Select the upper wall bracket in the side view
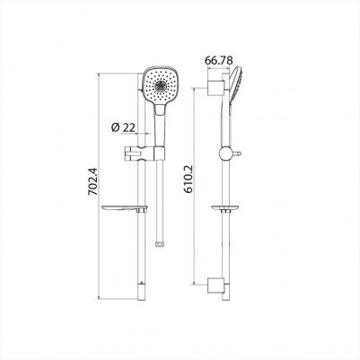pos(213,86)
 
